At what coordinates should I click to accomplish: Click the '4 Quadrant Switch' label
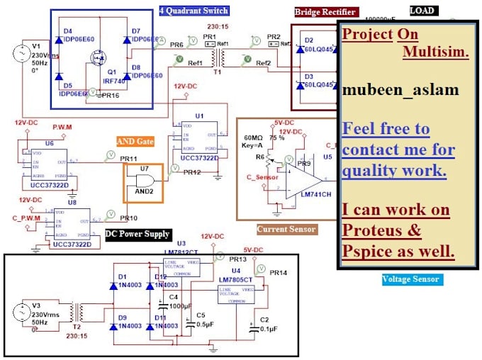pyautogui.click(x=194, y=11)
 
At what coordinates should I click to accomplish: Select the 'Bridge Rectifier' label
pyautogui.click(x=326, y=12)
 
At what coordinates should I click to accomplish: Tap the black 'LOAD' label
pyautogui.click(x=424, y=10)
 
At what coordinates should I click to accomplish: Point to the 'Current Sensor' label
pyautogui.click(x=287, y=229)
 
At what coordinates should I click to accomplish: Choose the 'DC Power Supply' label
pyautogui.click(x=138, y=234)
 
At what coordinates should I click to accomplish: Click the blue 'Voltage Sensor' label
pyautogui.click(x=411, y=279)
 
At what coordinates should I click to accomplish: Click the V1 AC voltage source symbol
pyautogui.click(x=19, y=54)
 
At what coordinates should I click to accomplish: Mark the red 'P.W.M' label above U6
pyautogui.click(x=62, y=128)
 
